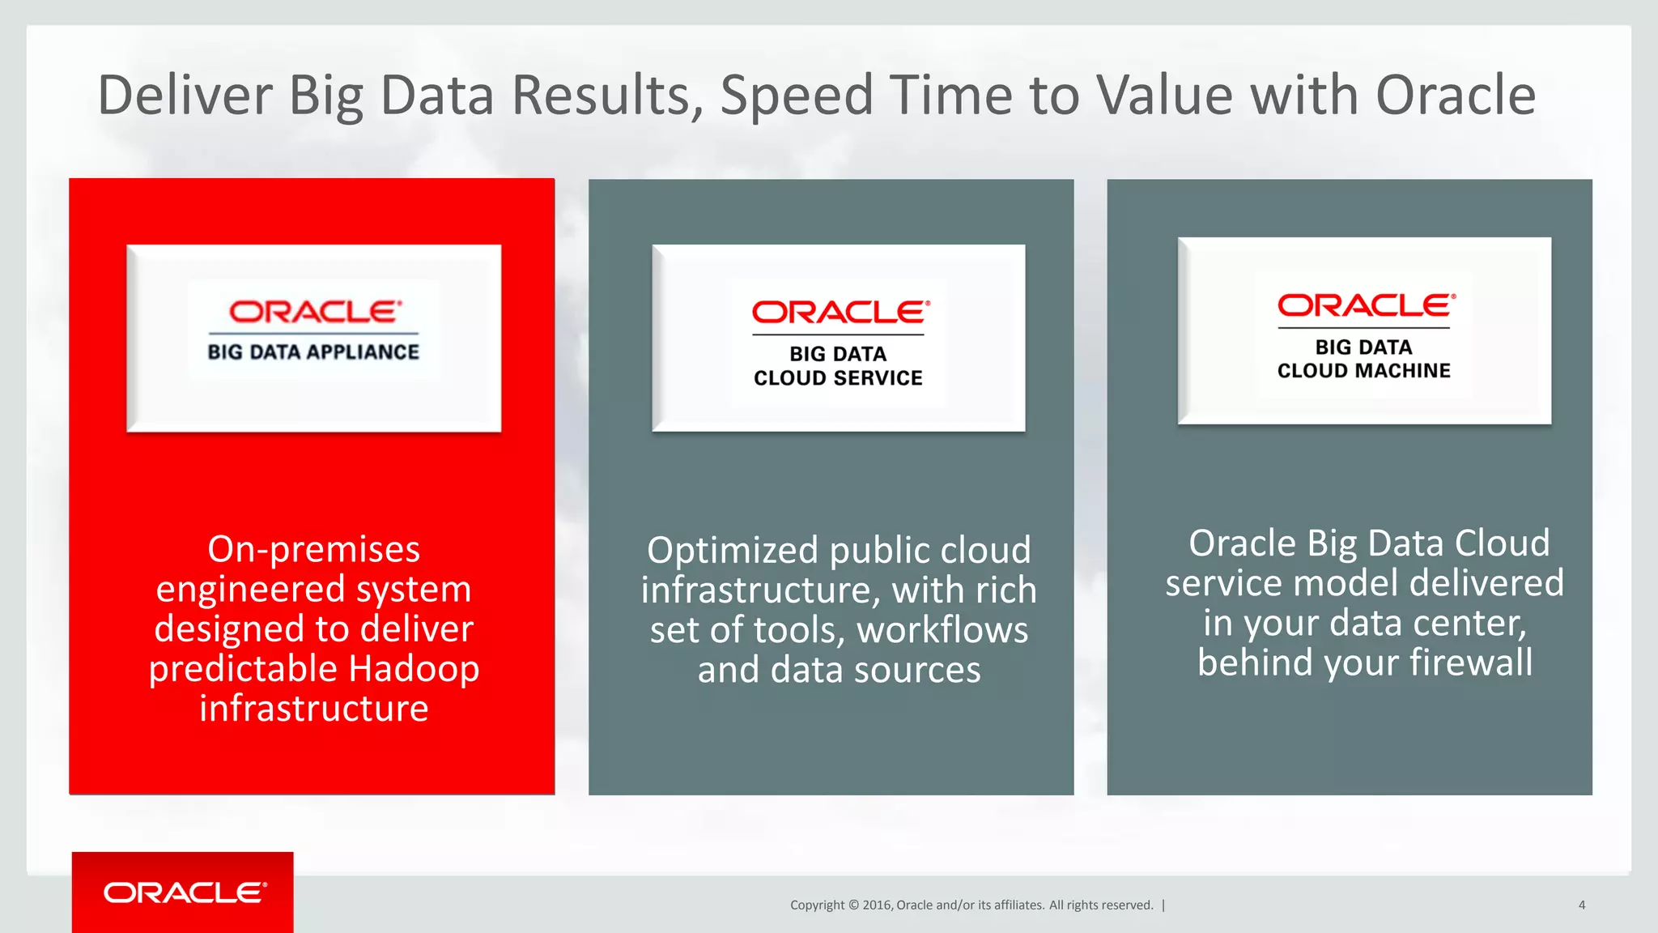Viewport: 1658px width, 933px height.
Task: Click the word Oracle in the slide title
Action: tap(1455, 96)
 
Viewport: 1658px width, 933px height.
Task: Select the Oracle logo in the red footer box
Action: tap(185, 893)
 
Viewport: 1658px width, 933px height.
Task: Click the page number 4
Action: tap(1581, 905)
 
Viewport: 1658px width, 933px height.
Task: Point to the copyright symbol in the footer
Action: tap(852, 905)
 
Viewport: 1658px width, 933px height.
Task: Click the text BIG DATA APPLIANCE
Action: tap(313, 352)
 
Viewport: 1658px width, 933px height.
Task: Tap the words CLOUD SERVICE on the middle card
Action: tap(838, 378)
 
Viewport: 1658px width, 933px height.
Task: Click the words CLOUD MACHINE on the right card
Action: tap(1363, 371)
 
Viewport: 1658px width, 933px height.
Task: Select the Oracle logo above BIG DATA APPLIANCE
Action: tap(314, 312)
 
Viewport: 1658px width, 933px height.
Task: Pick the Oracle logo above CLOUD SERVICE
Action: tap(840, 313)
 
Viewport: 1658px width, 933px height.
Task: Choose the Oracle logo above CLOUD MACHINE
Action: tap(1365, 305)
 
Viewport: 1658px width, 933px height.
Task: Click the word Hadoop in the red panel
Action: tap(414, 669)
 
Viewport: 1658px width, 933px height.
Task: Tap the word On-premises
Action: tap(313, 549)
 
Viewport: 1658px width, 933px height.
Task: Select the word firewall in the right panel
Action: tap(1470, 662)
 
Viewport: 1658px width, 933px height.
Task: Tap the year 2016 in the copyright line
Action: tap(877, 905)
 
